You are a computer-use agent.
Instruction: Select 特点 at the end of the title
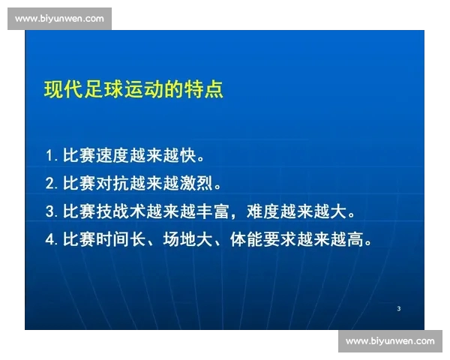tap(205, 90)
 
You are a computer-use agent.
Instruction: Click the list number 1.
tap(49, 156)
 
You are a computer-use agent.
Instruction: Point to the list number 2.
tap(49, 183)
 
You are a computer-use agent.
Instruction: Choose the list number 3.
tap(49, 211)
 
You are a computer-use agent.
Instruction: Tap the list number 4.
tap(49, 240)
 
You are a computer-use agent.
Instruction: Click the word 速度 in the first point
tap(115, 155)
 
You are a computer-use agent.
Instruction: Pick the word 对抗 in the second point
tap(115, 183)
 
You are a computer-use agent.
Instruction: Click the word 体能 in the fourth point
tap(256, 240)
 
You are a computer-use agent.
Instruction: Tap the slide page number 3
tap(398, 309)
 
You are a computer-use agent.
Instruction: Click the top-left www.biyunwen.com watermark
tap(59, 19)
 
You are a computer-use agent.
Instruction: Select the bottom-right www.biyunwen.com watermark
tap(390, 341)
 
